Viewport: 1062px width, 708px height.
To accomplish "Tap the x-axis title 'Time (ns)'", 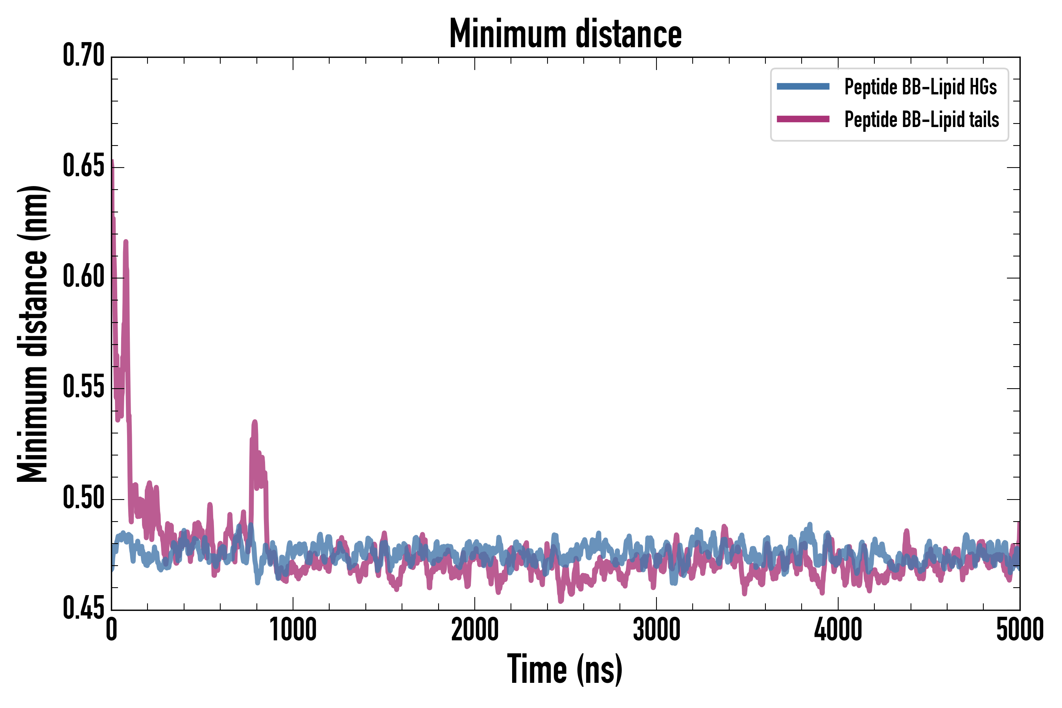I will click(565, 669).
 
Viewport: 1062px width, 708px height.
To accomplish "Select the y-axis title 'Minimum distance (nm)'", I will click(33, 334).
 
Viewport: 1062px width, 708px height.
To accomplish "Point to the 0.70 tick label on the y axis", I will click(83, 56).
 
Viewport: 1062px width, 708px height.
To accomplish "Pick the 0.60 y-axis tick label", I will click(83, 277).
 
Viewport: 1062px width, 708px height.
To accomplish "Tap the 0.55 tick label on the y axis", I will click(83, 388).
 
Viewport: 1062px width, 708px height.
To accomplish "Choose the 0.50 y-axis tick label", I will click(83, 498).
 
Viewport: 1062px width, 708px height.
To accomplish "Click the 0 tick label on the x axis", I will click(112, 630).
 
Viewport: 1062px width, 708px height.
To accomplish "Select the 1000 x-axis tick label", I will click(293, 630).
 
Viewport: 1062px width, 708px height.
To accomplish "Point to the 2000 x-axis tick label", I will click(475, 630).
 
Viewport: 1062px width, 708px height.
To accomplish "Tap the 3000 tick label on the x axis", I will click(656, 630).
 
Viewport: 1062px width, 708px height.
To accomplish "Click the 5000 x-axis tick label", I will click(1020, 630).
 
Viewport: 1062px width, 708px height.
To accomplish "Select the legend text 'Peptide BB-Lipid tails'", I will click(922, 120).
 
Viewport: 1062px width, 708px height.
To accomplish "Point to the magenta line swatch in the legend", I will click(803, 119).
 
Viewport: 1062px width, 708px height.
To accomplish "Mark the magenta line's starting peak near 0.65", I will click(112, 162).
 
